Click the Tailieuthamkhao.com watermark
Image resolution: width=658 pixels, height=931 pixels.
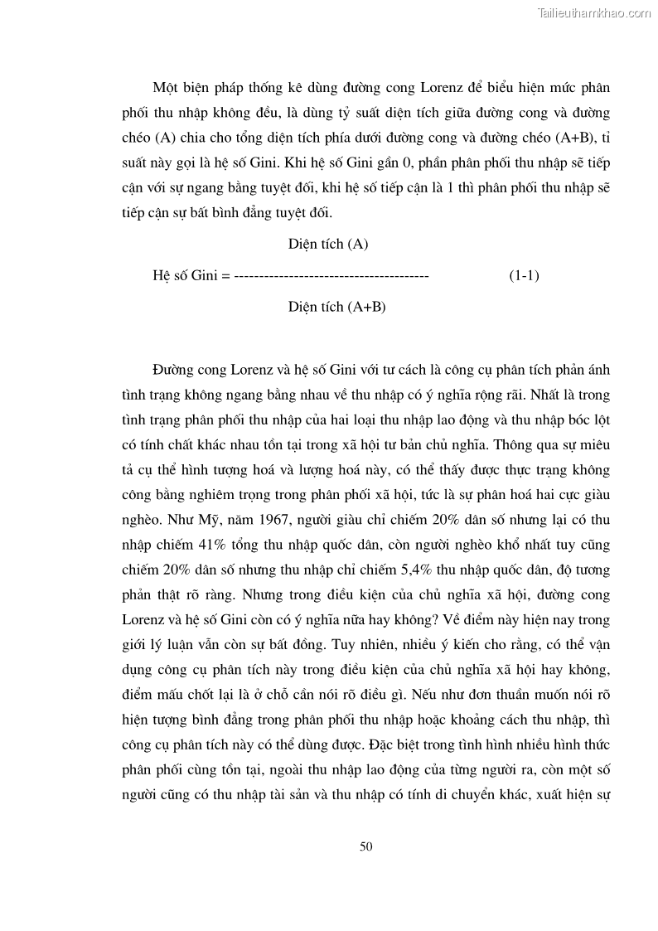[594, 12]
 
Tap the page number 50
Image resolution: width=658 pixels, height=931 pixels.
[366, 846]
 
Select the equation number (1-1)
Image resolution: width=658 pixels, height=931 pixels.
[524, 276]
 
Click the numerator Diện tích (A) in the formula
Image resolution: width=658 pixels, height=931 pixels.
[328, 245]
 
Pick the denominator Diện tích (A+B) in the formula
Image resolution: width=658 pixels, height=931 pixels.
[337, 307]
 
